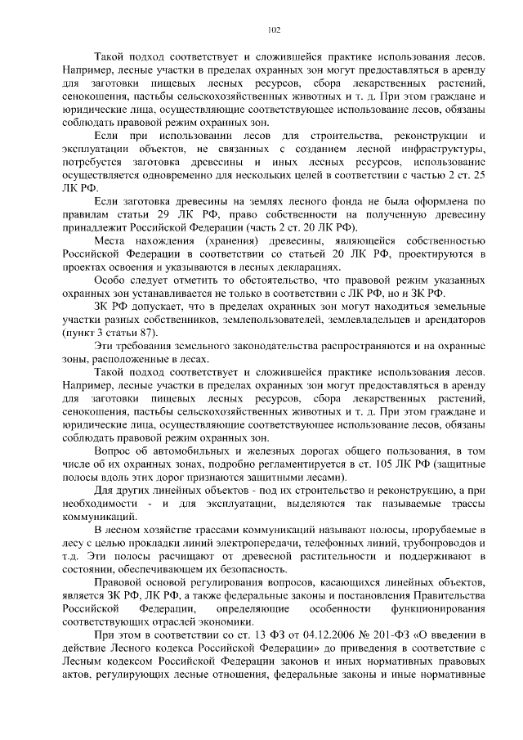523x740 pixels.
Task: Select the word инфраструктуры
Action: pos(446,149)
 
